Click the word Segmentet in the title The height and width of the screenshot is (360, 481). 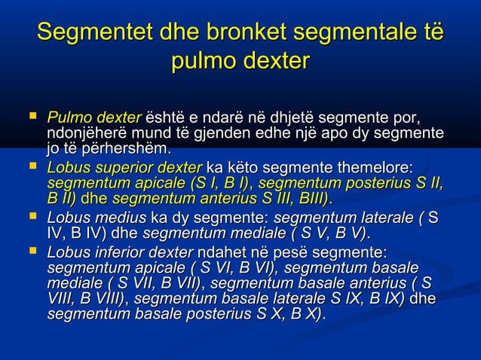90,35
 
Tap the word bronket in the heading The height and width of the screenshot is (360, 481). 239,35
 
